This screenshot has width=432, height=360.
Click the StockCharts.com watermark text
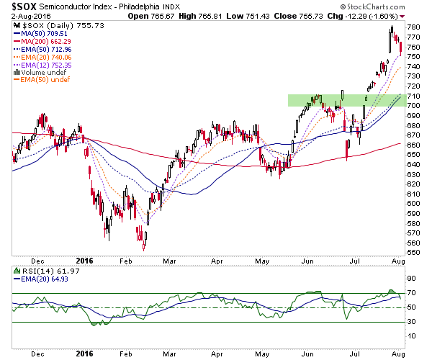click(373, 6)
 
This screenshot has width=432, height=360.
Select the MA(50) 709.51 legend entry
click(40, 34)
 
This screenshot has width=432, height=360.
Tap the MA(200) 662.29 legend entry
click(42, 42)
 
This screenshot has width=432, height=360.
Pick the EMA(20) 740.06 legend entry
click(42, 58)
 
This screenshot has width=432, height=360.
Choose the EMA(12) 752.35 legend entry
click(42, 66)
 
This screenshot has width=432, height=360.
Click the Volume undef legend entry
click(40, 73)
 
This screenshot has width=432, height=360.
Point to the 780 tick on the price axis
click(414, 27)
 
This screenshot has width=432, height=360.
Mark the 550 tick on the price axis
click(414, 253)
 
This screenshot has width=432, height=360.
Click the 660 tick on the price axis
click(414, 145)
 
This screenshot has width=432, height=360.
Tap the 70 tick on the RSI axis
click(412, 293)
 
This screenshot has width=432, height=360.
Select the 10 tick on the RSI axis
click(412, 336)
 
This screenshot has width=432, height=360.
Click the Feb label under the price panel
click(125, 261)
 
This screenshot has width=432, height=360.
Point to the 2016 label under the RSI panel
click(84, 354)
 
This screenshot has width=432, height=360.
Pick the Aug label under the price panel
click(398, 261)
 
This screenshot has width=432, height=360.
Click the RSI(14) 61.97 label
click(47, 271)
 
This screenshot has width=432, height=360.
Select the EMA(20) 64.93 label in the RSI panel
click(41, 279)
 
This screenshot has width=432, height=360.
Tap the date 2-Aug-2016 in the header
click(31, 17)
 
